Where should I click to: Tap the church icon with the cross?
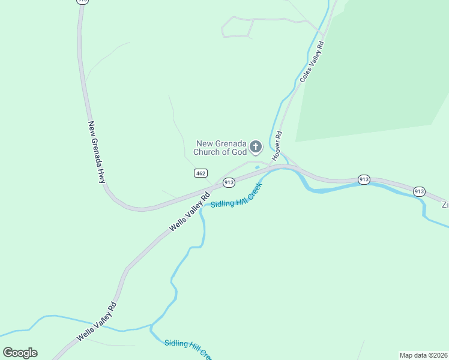[256, 147]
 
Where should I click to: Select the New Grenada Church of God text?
[221, 148]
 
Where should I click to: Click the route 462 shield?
[201, 173]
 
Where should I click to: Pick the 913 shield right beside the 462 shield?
[229, 182]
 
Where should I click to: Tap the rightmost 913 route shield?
[419, 191]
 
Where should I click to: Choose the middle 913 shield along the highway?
[364, 179]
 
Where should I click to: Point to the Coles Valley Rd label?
[312, 62]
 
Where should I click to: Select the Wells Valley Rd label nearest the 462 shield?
[190, 212]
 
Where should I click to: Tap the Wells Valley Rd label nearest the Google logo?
[96, 322]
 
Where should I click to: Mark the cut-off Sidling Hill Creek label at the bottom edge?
[189, 350]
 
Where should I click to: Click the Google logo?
[20, 353]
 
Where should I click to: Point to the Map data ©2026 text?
[423, 355]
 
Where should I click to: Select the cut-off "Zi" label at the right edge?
[445, 205]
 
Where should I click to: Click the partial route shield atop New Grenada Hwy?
[83, 2]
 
